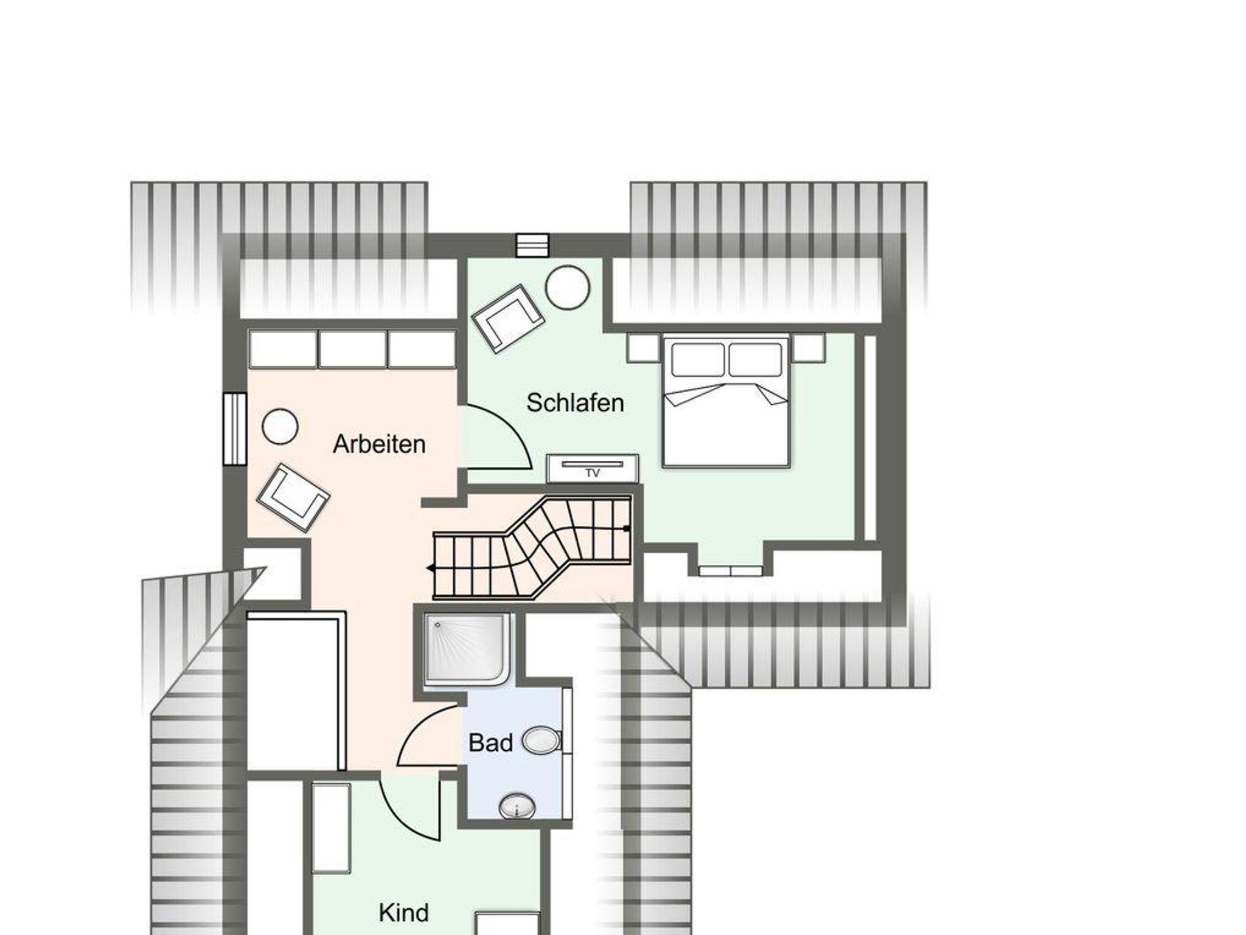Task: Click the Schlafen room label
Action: [575, 403]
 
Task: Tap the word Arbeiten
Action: [379, 444]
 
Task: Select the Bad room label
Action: [490, 743]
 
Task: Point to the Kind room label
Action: [403, 913]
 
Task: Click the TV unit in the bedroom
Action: [593, 468]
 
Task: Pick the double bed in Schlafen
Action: [726, 401]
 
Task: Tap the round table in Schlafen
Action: [568, 288]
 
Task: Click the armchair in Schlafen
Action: [507, 319]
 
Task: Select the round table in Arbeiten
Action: [280, 426]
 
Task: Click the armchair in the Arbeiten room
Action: [293, 498]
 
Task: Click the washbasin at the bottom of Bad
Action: [517, 807]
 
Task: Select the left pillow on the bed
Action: [698, 360]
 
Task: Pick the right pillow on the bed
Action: [755, 360]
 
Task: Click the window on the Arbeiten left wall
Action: [235, 429]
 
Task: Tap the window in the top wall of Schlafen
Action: [532, 246]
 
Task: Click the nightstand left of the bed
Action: [644, 348]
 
